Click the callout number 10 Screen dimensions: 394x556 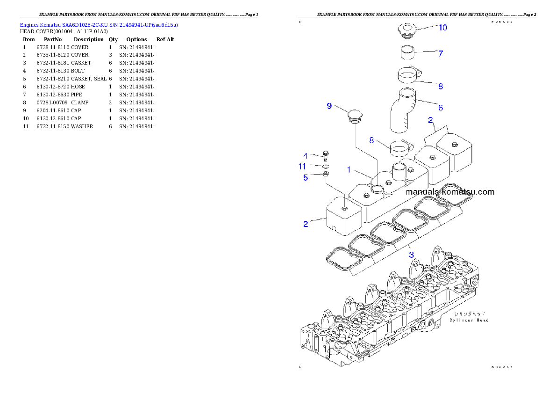click(442, 28)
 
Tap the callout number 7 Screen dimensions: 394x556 click(440, 54)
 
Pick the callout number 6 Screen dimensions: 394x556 click(440, 108)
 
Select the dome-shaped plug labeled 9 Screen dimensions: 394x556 click(355, 115)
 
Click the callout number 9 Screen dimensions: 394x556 click(329, 106)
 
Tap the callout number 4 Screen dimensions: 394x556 click(306, 156)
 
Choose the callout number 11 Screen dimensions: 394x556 click(302, 167)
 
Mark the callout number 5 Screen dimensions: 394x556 click(306, 177)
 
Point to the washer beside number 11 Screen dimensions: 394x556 click(326, 166)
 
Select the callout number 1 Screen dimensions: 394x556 click(349, 170)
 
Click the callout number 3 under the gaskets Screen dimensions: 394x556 click(411, 255)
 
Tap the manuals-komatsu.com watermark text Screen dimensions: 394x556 click(449, 192)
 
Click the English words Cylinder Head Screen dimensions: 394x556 click(469, 320)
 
